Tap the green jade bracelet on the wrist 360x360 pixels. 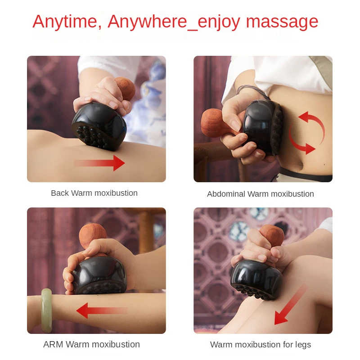(46, 310)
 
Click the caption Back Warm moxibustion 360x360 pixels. (94, 193)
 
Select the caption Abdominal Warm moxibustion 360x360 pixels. (260, 194)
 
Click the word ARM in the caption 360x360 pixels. (53, 345)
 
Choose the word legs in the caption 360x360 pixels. (301, 345)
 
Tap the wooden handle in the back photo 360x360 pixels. (125, 88)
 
